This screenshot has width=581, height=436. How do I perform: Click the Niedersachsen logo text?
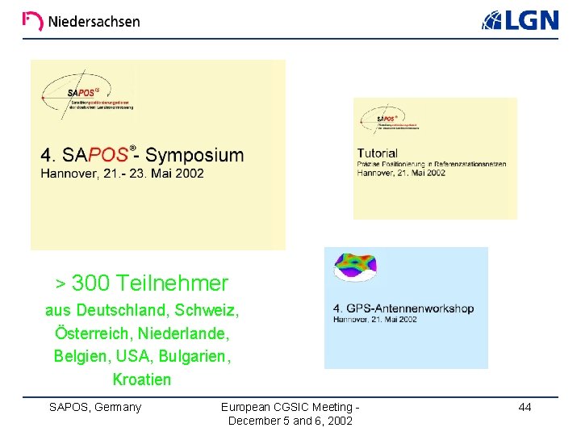coord(93,22)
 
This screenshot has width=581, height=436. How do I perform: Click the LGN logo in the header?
coord(520,21)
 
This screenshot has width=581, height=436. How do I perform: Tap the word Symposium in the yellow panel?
coord(194,155)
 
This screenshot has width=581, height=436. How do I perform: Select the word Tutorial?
coord(378,153)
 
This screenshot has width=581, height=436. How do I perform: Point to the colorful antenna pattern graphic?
coord(356,266)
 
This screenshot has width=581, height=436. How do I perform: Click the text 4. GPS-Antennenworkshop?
coord(403,308)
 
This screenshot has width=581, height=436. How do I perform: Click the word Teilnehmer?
coord(172,283)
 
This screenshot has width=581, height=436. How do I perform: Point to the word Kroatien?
coord(142,379)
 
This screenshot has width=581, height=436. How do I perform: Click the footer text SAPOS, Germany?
coord(95,407)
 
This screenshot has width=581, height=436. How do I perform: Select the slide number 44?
coord(525,407)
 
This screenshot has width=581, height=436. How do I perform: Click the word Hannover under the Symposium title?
coord(68,173)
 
